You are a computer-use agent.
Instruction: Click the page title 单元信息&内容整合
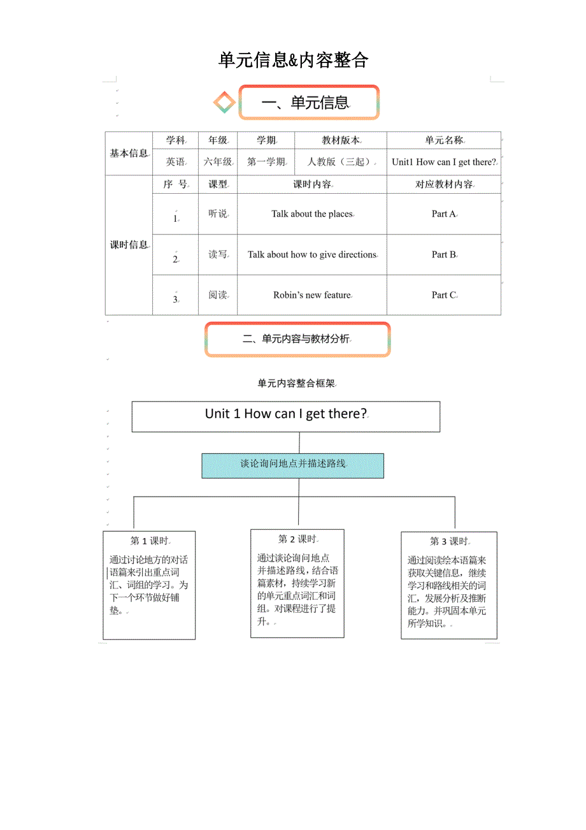coord(293,60)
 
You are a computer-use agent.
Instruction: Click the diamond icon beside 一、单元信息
coord(224,102)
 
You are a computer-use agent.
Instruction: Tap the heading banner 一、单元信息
coord(309,102)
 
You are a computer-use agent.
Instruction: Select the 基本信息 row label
coord(129,153)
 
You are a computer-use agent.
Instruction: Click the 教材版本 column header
coord(341,140)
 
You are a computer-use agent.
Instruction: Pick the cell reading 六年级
coord(218,162)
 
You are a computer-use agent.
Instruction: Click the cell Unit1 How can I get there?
coord(444,162)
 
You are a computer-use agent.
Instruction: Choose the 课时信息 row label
coord(129,245)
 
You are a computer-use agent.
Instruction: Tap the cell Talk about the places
coord(311,214)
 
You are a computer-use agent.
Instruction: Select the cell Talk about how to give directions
coord(312,254)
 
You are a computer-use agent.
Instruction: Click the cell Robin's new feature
coord(312,295)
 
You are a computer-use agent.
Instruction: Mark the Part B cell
coord(444,254)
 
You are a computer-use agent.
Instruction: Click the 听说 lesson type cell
coord(218,214)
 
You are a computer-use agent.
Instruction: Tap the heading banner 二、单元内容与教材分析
coord(297,339)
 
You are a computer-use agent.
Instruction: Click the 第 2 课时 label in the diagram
coord(297,539)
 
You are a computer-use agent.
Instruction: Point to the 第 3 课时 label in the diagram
coord(449,541)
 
